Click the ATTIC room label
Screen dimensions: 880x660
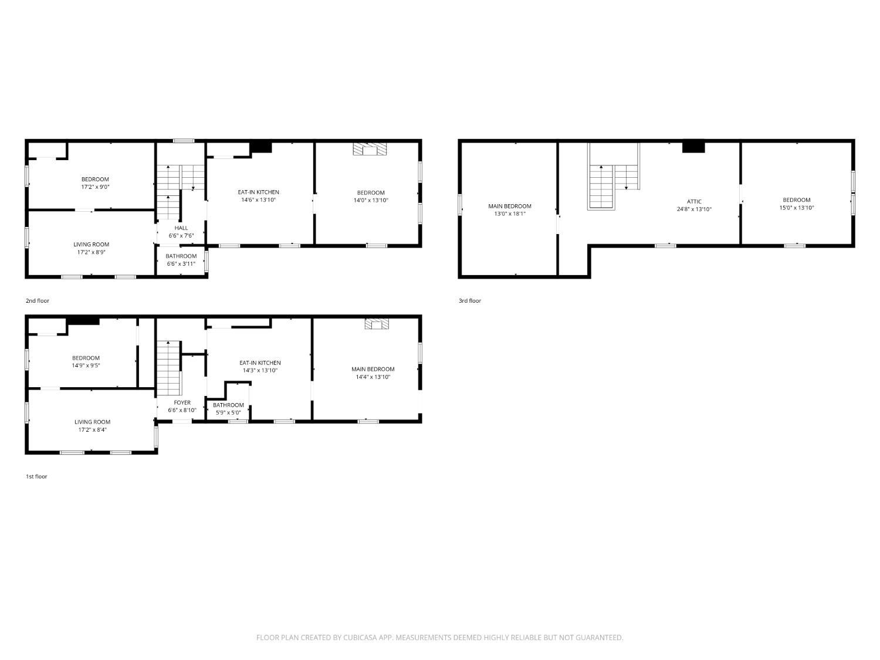694,202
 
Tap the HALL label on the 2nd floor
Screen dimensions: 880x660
181,228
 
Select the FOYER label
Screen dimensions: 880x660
182,402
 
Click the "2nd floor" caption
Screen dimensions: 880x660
38,300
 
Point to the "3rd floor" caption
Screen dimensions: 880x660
470,300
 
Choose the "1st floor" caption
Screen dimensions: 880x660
36,476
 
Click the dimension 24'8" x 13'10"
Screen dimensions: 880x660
694,209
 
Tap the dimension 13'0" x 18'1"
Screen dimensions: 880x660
510,214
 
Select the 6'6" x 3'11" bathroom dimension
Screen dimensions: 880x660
181,263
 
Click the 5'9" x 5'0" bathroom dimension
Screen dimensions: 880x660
228,412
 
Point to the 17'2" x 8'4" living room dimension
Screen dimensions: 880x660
92,429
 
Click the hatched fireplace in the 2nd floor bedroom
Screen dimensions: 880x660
370,149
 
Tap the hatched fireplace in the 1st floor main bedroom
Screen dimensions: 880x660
377,324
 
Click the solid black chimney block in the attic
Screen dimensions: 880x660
693,147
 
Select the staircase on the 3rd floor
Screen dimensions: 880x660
614,177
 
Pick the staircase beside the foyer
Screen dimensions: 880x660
169,368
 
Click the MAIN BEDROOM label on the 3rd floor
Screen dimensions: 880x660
510,206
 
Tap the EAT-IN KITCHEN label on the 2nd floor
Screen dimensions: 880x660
258,192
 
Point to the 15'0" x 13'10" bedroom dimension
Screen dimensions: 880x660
796,208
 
